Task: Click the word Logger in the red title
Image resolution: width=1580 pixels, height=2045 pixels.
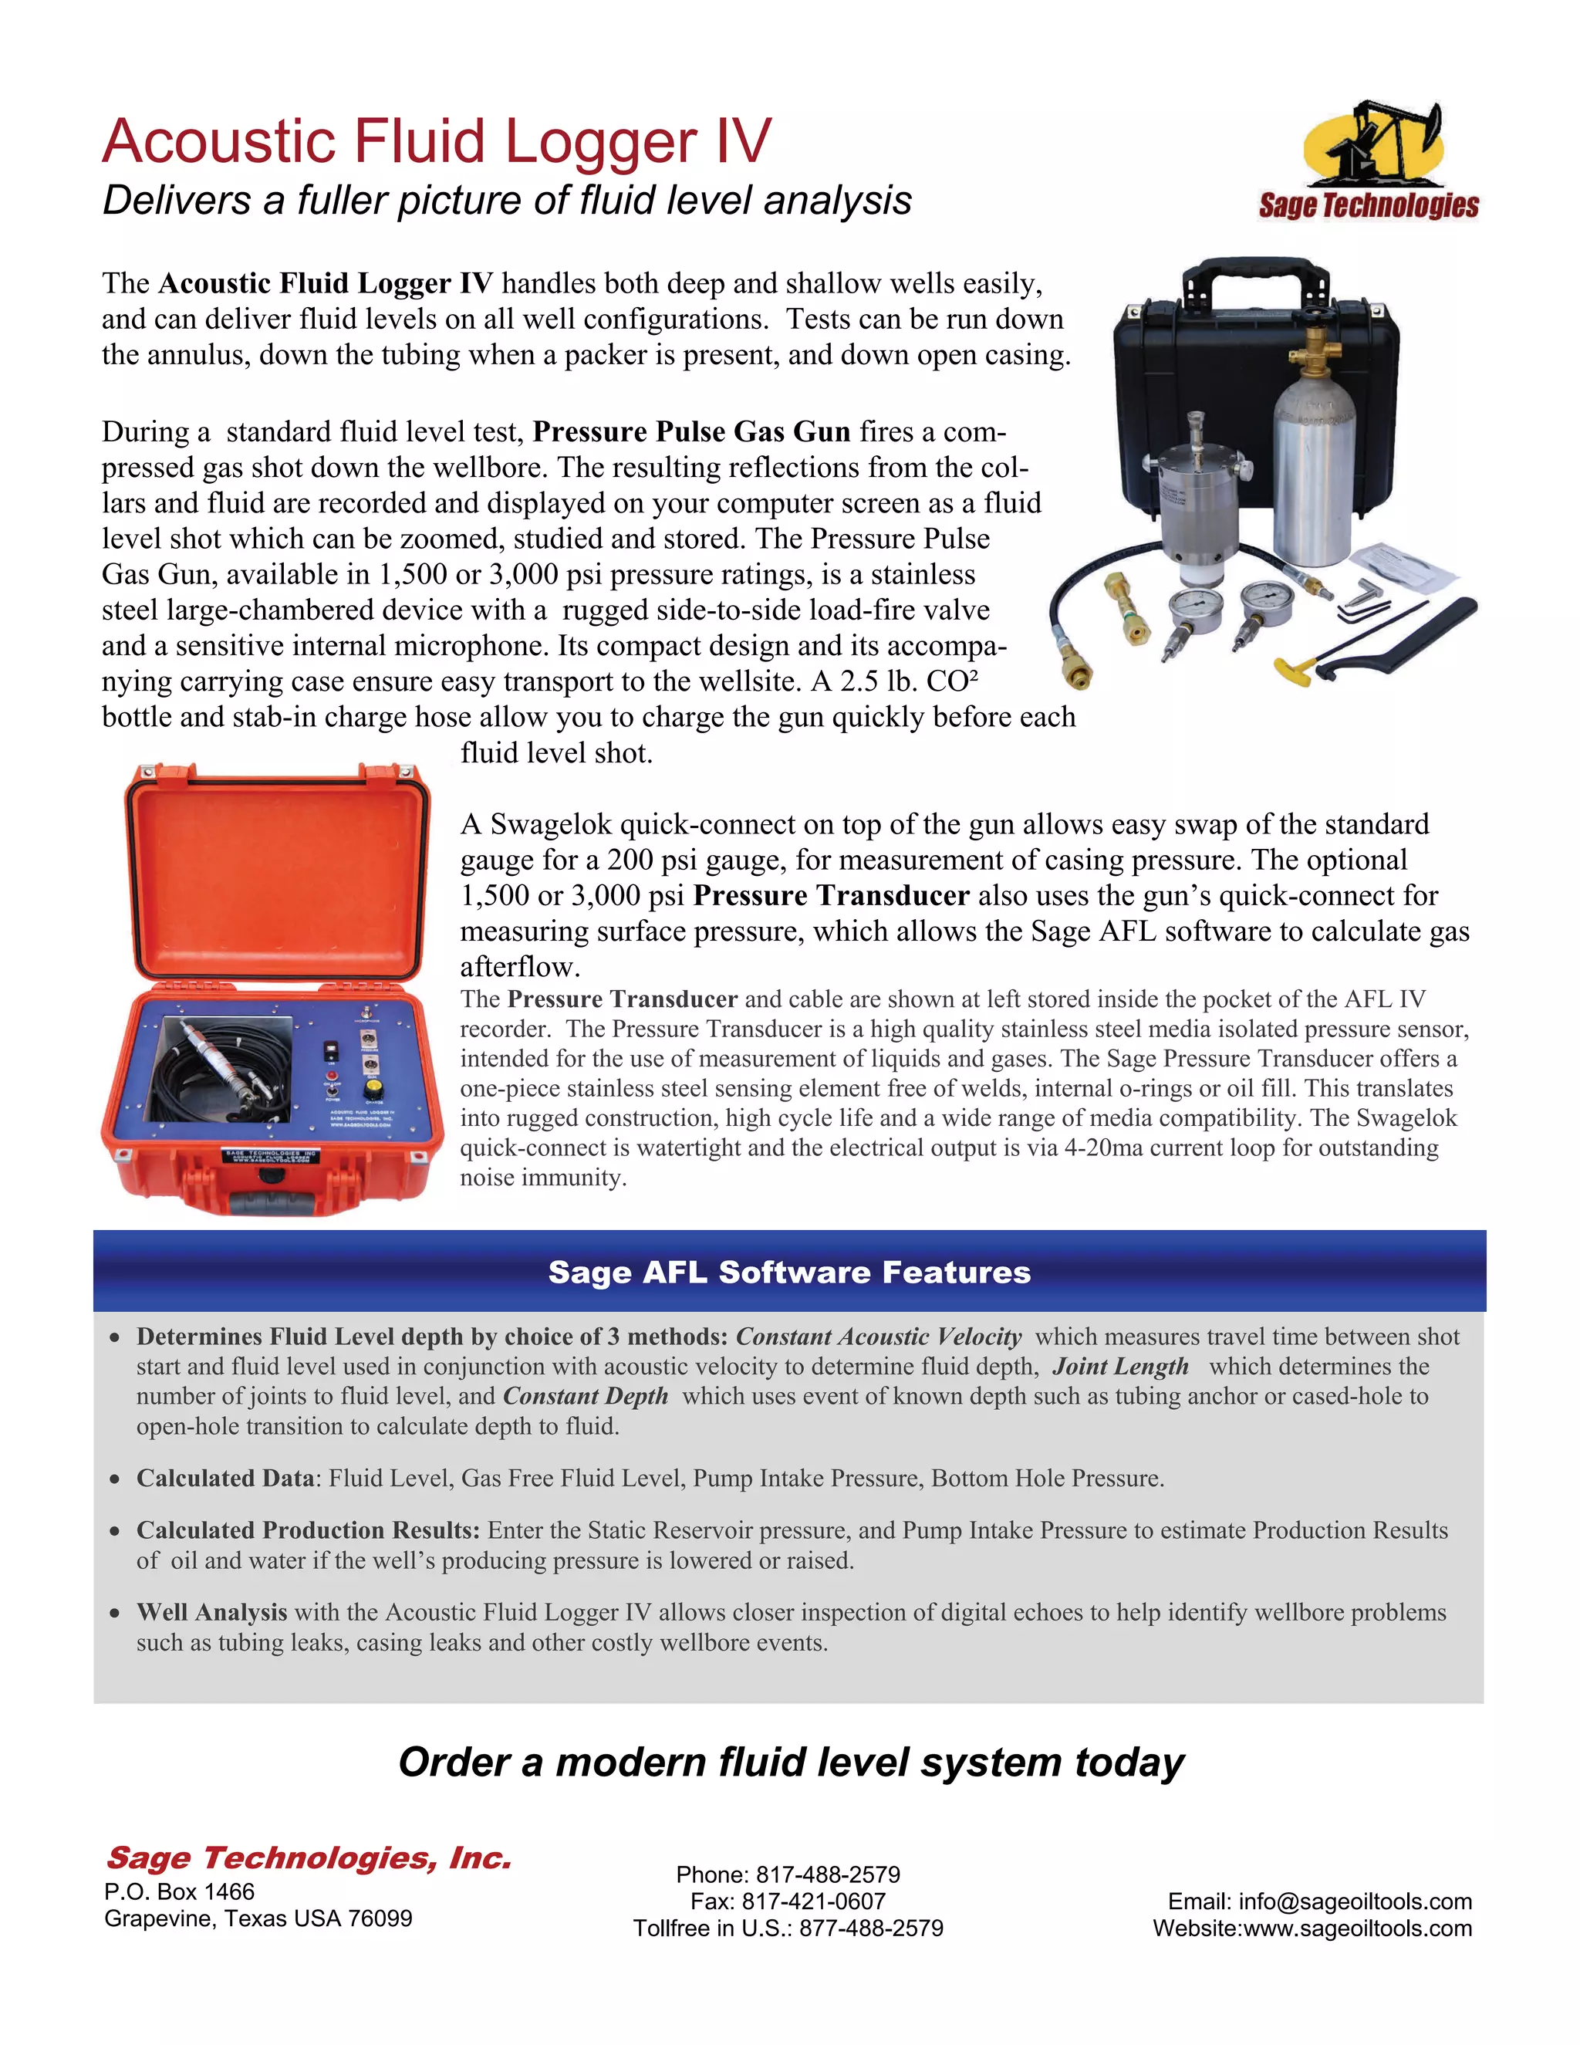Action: click(x=601, y=142)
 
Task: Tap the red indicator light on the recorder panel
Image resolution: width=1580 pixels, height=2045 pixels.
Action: click(x=330, y=1050)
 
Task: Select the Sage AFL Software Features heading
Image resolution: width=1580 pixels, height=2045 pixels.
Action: click(x=789, y=1272)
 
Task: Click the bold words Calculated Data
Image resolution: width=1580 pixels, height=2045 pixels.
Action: click(x=225, y=1478)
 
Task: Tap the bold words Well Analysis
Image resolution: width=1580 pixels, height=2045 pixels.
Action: click(x=211, y=1611)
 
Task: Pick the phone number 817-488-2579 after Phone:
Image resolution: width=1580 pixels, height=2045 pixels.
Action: click(x=828, y=1874)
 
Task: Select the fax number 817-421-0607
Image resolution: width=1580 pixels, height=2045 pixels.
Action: click(x=813, y=1901)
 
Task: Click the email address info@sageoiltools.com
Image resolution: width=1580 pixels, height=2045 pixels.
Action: click(x=1355, y=1901)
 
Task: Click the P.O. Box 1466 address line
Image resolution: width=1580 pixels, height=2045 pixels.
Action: click(x=180, y=1891)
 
